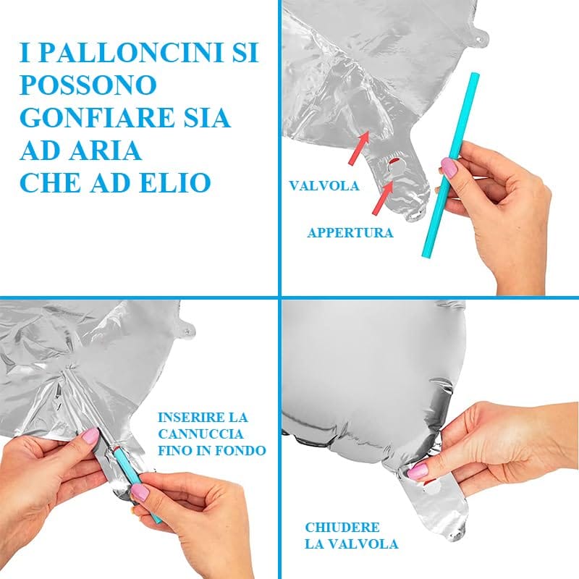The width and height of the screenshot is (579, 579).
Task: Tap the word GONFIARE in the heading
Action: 96,118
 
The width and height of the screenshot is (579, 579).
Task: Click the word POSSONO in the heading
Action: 88,85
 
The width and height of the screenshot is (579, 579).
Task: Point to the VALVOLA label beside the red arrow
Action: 324,185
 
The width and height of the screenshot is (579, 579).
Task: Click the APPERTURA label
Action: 350,232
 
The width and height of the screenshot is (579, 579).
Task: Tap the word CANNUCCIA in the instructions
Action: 200,434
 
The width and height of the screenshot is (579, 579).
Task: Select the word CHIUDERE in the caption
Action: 342,528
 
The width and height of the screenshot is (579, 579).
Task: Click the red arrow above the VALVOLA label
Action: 358,148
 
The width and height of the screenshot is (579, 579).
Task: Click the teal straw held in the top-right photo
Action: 449,165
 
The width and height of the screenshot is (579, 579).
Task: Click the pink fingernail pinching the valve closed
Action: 418,470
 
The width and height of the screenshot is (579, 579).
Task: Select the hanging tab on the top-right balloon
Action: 480,36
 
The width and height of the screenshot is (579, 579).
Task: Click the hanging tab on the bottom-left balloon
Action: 187,329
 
